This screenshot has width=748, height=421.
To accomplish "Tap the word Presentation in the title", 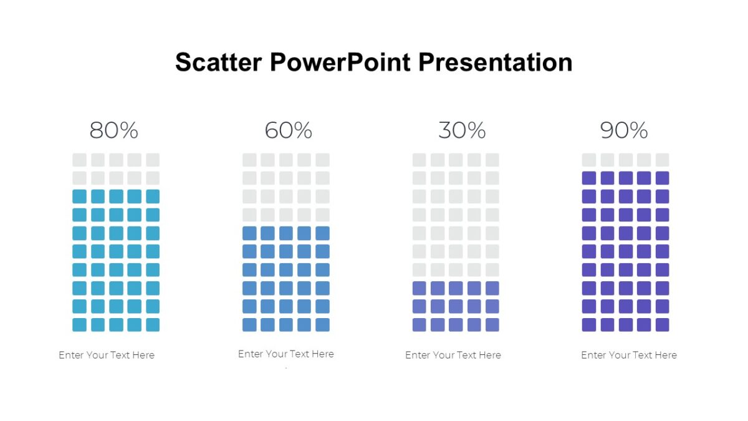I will click(x=496, y=63).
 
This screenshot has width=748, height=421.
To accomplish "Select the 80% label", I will click(x=113, y=130).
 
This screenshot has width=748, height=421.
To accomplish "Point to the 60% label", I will click(x=288, y=130).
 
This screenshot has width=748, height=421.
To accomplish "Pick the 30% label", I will click(x=462, y=130).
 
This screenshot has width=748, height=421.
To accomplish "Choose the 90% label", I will click(x=624, y=130).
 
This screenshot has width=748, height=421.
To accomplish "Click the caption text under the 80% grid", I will click(x=107, y=355).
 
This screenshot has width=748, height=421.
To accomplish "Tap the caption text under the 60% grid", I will click(x=286, y=354).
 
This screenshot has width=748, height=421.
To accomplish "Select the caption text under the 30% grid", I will click(x=453, y=355).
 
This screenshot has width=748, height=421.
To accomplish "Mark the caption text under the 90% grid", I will click(x=629, y=355).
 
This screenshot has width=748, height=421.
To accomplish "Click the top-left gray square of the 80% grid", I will click(x=79, y=160).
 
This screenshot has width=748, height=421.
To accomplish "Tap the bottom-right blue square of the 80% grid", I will click(x=153, y=325).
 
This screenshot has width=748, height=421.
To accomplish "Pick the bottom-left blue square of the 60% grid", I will click(x=249, y=325).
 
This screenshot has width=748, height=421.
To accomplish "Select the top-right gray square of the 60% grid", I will click(x=322, y=160).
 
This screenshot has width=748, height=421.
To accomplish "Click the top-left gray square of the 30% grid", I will click(x=419, y=160).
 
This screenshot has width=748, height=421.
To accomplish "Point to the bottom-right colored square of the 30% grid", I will click(x=492, y=325).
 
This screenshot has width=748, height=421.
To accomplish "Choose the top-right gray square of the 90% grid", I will click(x=662, y=160).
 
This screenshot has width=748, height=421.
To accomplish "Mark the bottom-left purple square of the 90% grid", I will click(x=589, y=325).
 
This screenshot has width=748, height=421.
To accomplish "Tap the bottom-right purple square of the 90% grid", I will click(x=662, y=325).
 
